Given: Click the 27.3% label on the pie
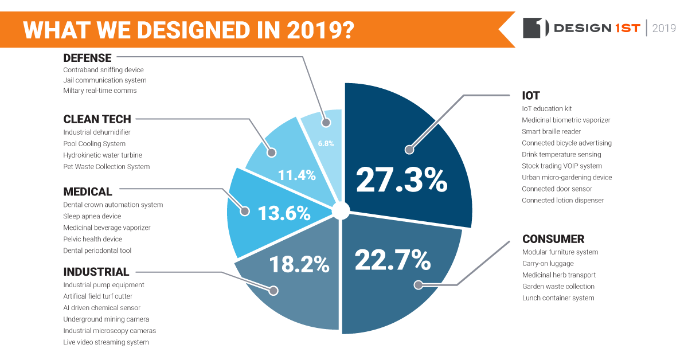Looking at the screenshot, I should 401,179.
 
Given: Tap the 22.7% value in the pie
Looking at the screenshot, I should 393,260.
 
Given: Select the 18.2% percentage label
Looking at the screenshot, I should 299,264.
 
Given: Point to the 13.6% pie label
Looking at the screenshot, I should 284,213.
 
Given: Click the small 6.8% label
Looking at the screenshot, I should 326,143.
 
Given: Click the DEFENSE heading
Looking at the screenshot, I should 87,57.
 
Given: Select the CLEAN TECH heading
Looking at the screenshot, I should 97,119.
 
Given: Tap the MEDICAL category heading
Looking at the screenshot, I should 88,191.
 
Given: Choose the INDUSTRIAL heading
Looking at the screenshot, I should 96,272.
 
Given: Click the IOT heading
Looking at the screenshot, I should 531,96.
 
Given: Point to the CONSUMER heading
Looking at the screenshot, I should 553,239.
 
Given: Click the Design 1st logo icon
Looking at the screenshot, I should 536,28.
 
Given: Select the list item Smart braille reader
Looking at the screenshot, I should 551,131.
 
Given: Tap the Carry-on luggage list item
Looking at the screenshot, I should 548,264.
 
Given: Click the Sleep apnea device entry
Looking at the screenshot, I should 92,216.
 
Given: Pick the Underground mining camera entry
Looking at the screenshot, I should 106,319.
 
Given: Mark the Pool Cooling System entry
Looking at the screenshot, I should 94,144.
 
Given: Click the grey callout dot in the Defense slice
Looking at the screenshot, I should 326,122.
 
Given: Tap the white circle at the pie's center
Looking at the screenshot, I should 341,210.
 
